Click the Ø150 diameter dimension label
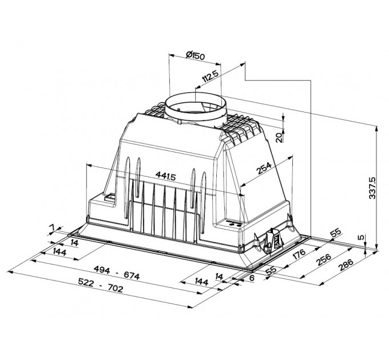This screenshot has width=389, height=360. coord(195,55)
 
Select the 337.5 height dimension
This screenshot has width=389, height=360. coord(372,188)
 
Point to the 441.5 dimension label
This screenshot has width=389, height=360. coord(165,176)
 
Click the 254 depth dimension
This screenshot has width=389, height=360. coord(264,168)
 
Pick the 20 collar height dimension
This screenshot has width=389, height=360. coord(279,138)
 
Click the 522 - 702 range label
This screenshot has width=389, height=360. coord(101,285)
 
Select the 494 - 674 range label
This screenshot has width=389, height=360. coord(117,273)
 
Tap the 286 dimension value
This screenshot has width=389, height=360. coord(346,265)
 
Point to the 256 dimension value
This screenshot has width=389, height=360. coord(324,259)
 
